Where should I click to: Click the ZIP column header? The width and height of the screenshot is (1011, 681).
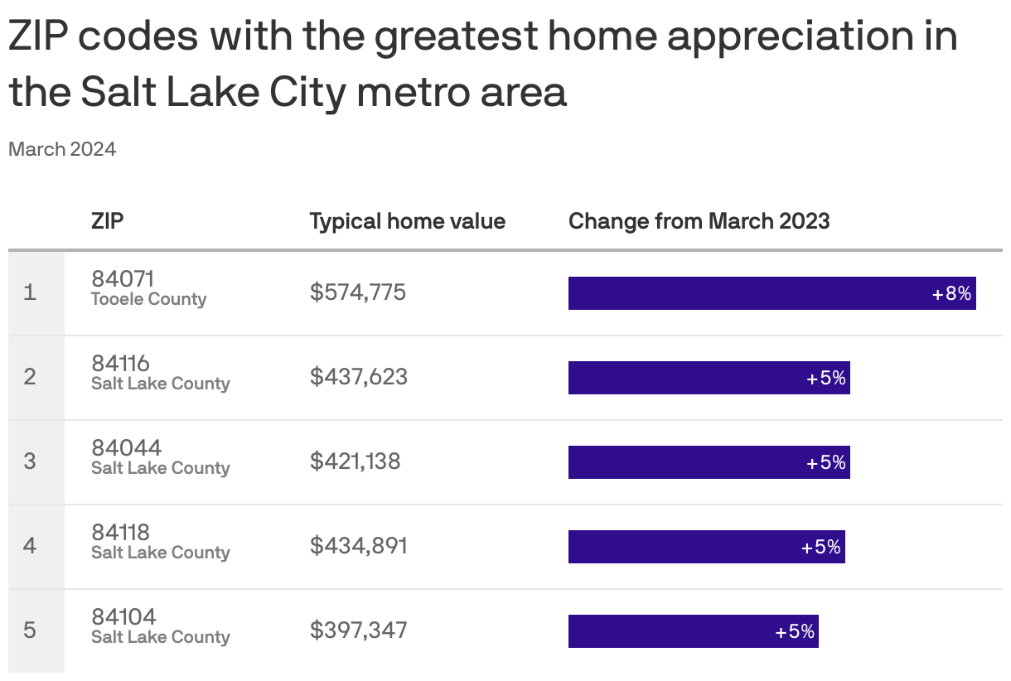tap(108, 221)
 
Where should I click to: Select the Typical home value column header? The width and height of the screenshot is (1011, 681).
tap(407, 221)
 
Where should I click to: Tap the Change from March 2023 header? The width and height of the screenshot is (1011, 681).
tap(699, 221)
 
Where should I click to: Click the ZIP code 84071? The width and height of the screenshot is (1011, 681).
tap(123, 279)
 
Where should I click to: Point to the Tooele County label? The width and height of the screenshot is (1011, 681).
tap(148, 300)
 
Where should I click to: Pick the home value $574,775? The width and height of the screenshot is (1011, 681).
tap(358, 292)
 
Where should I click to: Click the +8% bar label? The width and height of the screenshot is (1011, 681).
tap(951, 293)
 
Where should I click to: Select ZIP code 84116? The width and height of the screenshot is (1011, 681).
tap(121, 364)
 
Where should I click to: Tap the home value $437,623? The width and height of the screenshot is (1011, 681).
tap(359, 377)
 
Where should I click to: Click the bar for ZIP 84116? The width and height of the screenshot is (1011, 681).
tap(709, 378)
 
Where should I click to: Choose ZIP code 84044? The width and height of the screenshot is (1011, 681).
tap(127, 448)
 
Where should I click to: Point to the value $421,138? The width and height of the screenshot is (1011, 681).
tap(355, 461)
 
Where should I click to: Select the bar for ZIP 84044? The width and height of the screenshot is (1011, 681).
tap(709, 462)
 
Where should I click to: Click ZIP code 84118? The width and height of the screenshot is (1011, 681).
tap(121, 533)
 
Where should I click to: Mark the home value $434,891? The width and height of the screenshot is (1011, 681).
tap(359, 546)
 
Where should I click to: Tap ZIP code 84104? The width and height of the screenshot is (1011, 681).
tap(123, 617)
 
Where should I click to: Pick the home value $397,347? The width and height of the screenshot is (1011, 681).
tap(359, 630)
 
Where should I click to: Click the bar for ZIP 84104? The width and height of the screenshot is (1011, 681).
tap(693, 631)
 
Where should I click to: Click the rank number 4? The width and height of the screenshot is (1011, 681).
tap(30, 546)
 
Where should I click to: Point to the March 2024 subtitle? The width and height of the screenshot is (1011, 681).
tap(62, 149)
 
